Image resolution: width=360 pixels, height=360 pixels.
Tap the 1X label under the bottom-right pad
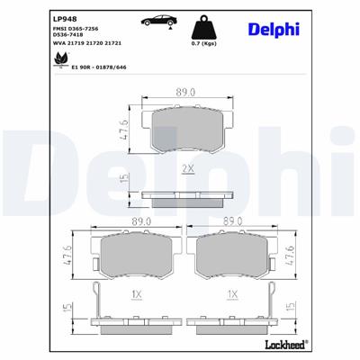tap(233, 293)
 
